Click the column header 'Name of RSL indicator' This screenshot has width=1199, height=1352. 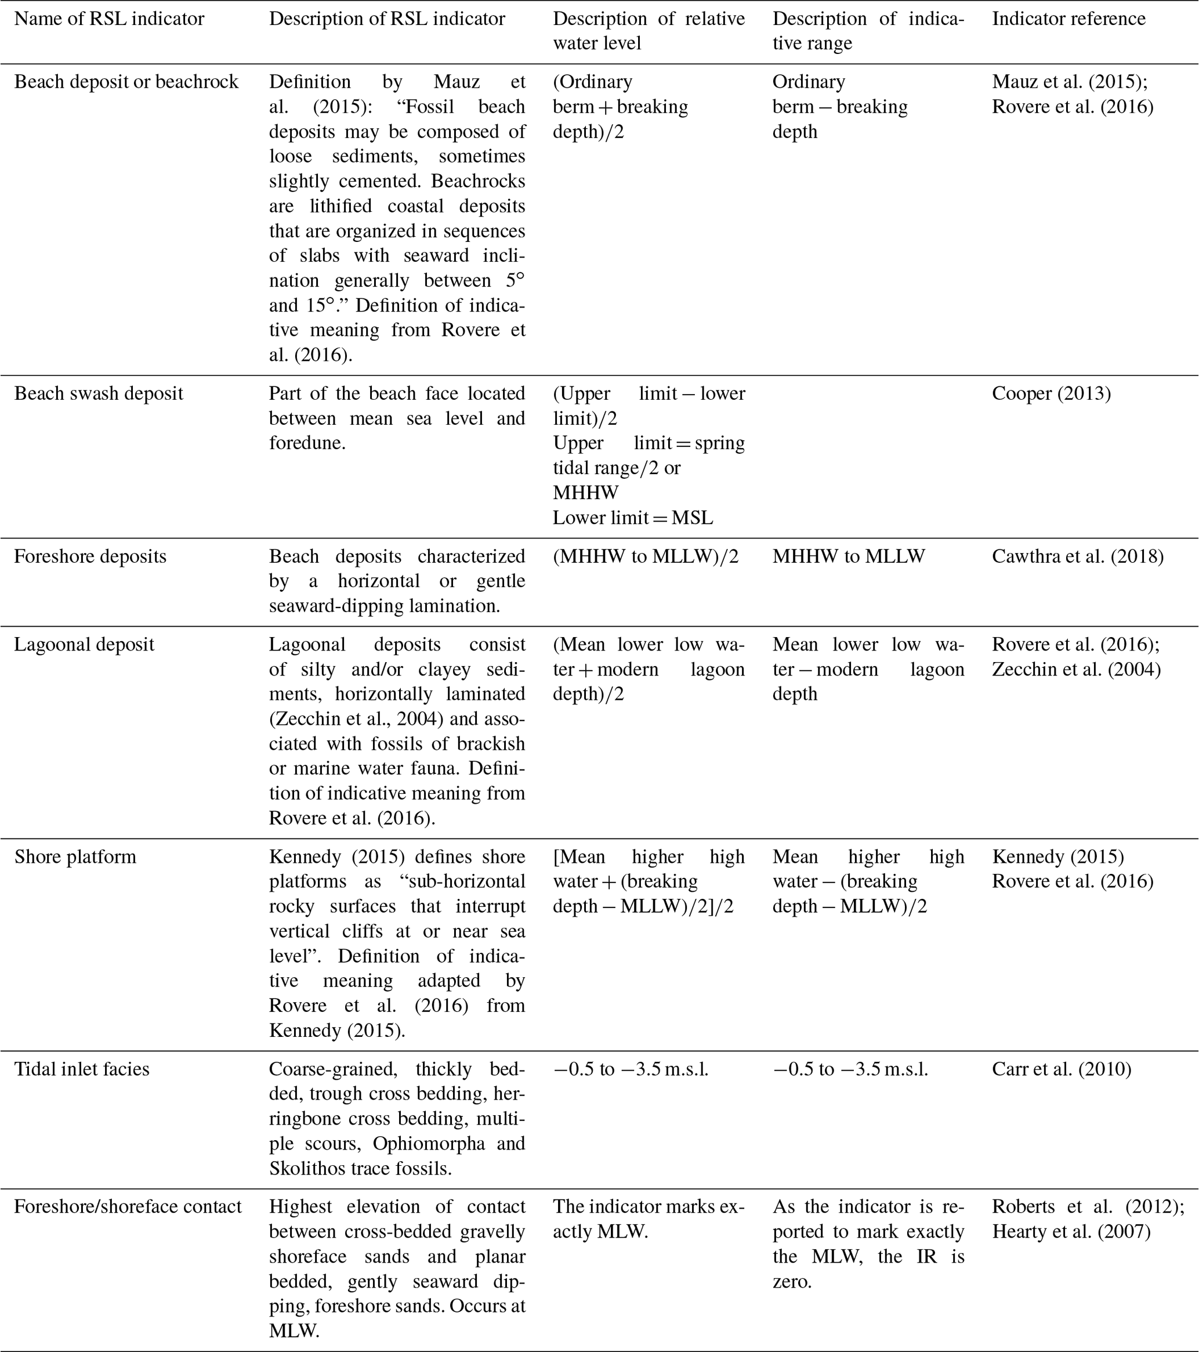(109, 19)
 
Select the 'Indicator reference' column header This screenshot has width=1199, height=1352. (1068, 19)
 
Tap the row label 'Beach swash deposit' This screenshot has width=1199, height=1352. (99, 393)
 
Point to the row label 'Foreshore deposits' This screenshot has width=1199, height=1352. (90, 556)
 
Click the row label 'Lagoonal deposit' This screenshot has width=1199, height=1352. (84, 644)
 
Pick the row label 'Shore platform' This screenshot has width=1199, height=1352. (75, 856)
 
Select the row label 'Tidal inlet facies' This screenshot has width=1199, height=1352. (82, 1069)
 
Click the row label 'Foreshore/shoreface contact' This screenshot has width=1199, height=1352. (128, 1206)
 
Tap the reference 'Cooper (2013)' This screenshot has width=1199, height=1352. (1052, 393)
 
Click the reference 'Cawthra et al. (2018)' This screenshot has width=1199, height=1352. (1078, 556)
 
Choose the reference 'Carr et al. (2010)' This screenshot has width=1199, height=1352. (1062, 1069)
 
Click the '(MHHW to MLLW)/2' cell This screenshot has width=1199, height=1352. (646, 556)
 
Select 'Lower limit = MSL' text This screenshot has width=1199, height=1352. (633, 518)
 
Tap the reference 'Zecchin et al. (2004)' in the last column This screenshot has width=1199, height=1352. (1076, 670)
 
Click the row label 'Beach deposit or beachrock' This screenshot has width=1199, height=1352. (126, 82)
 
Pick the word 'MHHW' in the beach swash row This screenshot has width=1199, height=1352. (585, 493)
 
